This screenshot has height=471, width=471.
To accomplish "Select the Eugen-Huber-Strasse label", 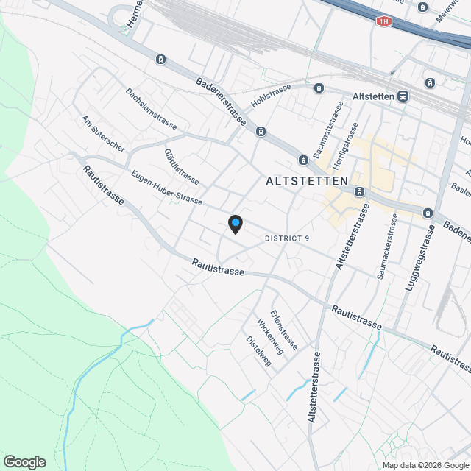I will (166, 188).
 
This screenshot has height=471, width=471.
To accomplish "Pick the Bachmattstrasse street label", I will (328, 130).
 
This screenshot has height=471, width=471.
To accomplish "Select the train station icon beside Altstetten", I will (403, 96).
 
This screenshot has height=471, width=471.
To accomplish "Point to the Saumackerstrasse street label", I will (389, 246).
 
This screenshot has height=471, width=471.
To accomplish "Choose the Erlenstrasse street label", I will (284, 328).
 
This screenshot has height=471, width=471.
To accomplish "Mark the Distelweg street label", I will (258, 351).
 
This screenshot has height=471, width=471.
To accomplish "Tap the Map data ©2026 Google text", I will (425, 465).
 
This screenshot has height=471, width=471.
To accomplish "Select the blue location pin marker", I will (235, 224).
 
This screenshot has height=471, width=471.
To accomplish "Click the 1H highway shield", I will (383, 21).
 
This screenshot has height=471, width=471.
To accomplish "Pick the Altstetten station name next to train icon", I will (374, 96).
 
